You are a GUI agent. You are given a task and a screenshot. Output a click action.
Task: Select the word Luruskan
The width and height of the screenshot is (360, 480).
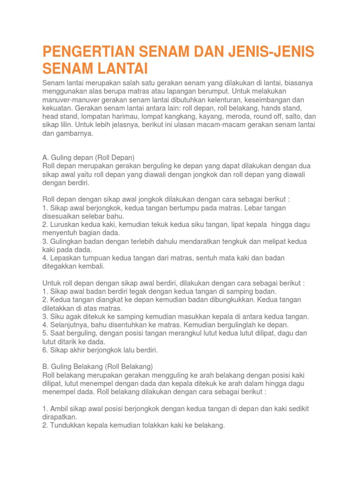64,225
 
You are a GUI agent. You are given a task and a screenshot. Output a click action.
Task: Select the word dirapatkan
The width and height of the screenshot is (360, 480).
60,417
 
